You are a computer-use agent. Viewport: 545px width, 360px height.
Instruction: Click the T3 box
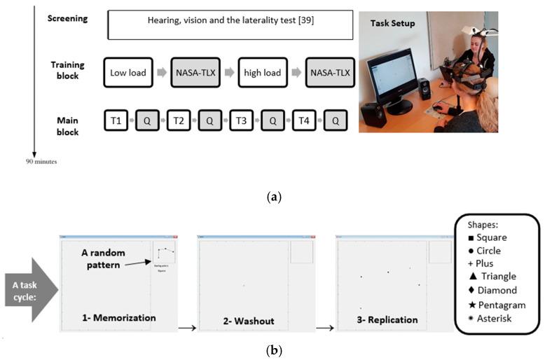click(241, 120)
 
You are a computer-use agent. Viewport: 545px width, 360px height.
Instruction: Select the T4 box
click(304, 120)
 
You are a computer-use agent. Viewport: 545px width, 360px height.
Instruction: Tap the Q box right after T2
click(209, 120)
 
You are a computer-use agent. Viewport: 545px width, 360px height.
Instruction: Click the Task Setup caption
click(392, 23)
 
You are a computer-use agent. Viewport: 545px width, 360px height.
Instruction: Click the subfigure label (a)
click(273, 197)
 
